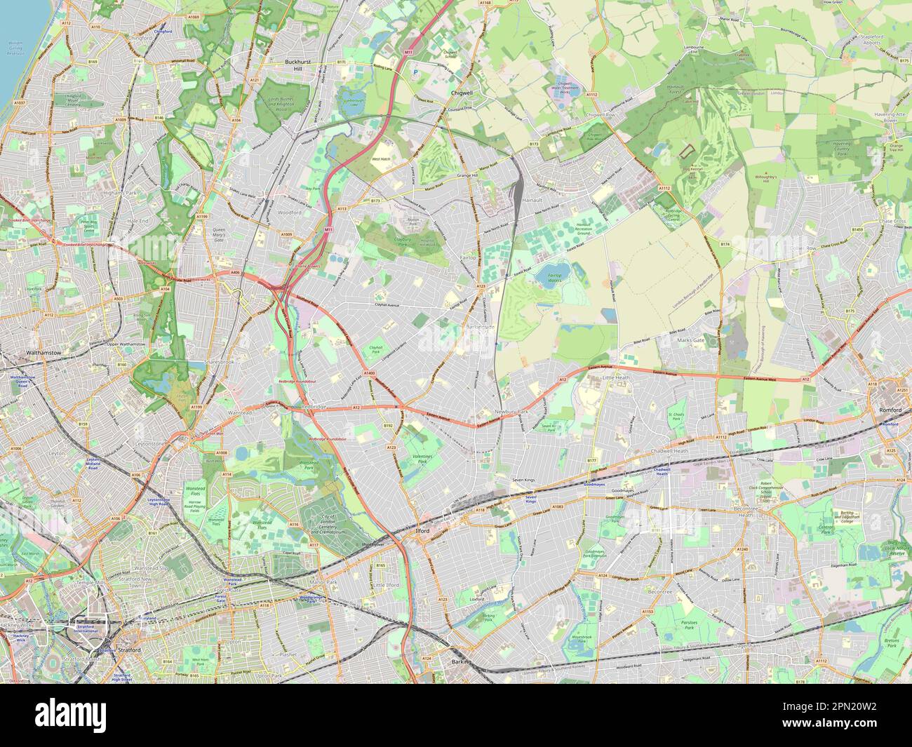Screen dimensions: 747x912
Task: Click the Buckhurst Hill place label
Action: click(x=302, y=65)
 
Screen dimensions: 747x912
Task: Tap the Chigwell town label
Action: click(x=462, y=92)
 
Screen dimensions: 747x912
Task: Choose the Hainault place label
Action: click(x=533, y=200)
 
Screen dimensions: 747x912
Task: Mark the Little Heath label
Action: click(x=617, y=377)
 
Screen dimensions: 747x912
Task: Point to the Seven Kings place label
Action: click(x=523, y=479)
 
